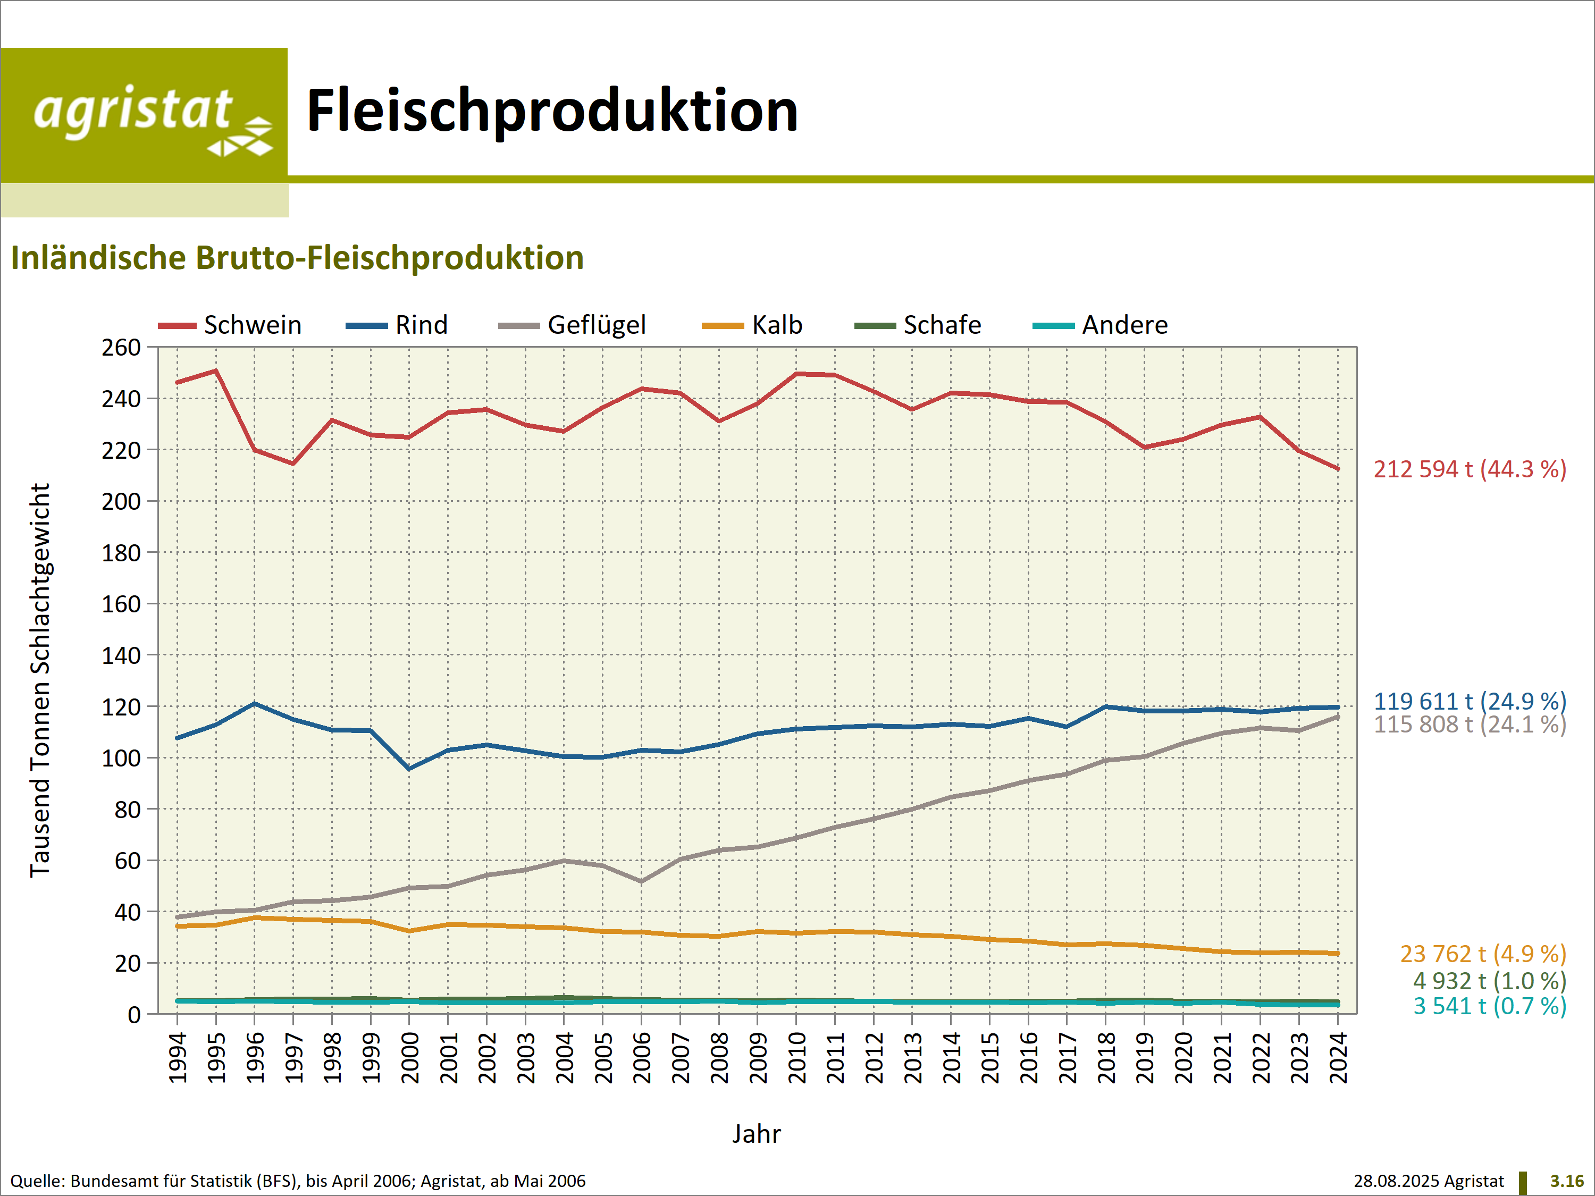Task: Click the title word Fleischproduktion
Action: [x=552, y=111]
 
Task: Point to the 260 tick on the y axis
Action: [x=121, y=348]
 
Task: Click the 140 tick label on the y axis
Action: [x=121, y=656]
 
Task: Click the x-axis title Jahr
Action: [x=757, y=1134]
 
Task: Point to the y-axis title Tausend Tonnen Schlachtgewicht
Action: [x=40, y=680]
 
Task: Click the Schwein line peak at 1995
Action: [x=216, y=370]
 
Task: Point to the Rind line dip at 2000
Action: [x=409, y=769]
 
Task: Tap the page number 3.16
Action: [x=1567, y=1181]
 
